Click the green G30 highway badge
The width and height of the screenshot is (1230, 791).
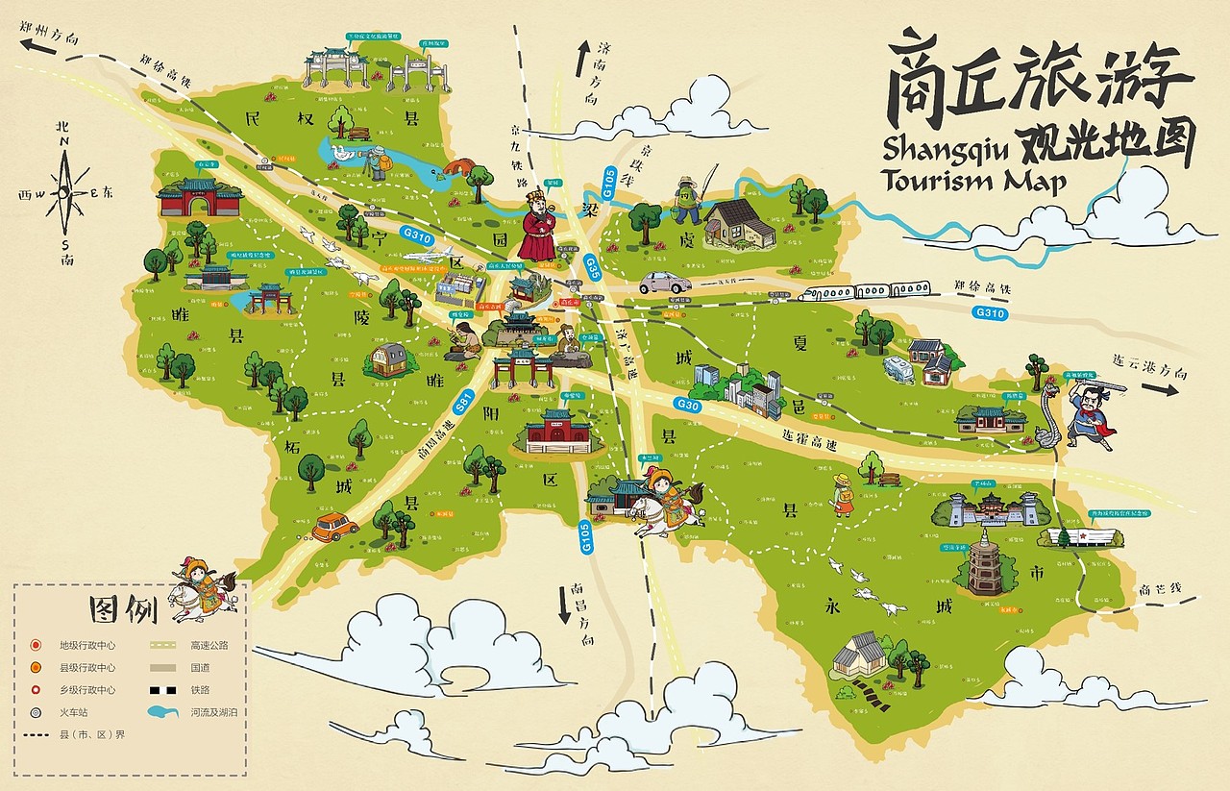[688, 406]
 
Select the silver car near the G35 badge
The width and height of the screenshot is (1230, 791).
[664, 283]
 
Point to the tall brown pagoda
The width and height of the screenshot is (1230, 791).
[985, 560]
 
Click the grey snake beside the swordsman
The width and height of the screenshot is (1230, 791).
[1050, 415]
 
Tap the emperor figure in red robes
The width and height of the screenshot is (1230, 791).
[536, 229]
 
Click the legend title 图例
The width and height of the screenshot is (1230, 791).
[122, 609]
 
